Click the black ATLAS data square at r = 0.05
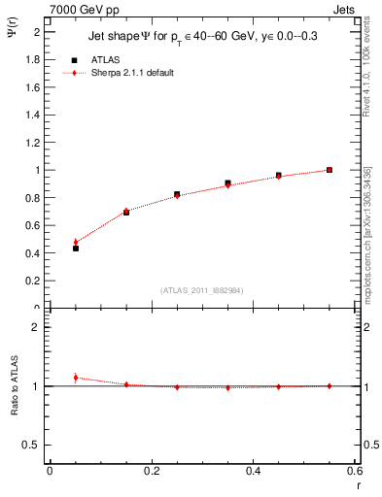click(75, 248)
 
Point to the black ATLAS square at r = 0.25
click(177, 194)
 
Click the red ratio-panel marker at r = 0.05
click(75, 378)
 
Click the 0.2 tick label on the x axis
click(151, 471)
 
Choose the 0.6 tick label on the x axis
click(355, 471)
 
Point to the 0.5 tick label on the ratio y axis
click(35, 445)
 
